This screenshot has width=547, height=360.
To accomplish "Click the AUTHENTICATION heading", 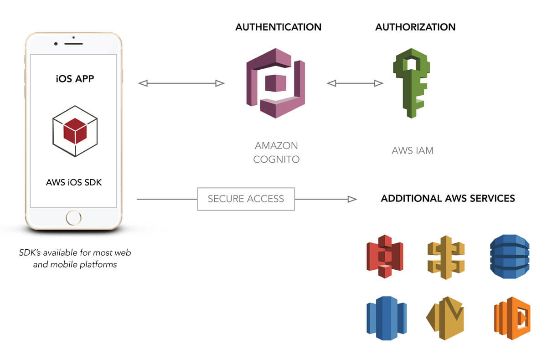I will pyautogui.click(x=278, y=27).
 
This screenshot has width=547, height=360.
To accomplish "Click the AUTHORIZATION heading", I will pyautogui.click(x=415, y=27).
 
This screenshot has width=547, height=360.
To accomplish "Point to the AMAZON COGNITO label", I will pyautogui.click(x=276, y=153).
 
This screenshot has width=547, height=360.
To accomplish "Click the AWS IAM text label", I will pyautogui.click(x=413, y=150).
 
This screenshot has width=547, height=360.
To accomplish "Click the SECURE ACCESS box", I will pyautogui.click(x=246, y=199).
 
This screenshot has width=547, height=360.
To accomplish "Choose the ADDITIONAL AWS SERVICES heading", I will pyautogui.click(x=448, y=199).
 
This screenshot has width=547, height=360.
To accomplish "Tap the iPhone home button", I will pyautogui.click(x=73, y=217).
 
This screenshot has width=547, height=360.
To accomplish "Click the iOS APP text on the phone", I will pyautogui.click(x=75, y=78).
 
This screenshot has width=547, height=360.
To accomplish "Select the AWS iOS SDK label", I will pyautogui.click(x=74, y=183).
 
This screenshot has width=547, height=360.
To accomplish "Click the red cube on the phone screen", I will pyautogui.click(x=75, y=131).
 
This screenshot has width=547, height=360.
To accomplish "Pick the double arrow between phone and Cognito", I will pyautogui.click(x=181, y=83).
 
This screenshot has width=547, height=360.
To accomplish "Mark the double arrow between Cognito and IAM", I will pyautogui.click(x=355, y=83).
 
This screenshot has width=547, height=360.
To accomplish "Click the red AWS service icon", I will pyautogui.click(x=385, y=256).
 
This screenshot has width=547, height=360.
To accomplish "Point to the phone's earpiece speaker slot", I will pyautogui.click(x=73, y=43).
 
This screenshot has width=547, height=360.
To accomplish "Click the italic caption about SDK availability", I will pyautogui.click(x=75, y=258).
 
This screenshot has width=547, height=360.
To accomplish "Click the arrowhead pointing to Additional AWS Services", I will pyautogui.click(x=352, y=199).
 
